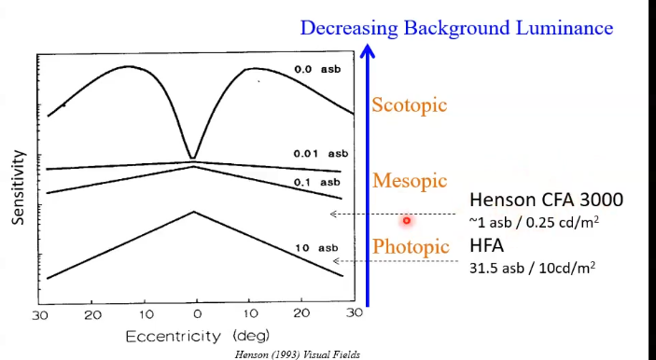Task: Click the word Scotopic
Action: coord(410,105)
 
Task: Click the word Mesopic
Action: coord(410,180)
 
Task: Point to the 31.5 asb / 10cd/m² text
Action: coord(532,268)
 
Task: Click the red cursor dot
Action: coord(407,221)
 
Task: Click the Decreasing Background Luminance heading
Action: coord(456,28)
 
